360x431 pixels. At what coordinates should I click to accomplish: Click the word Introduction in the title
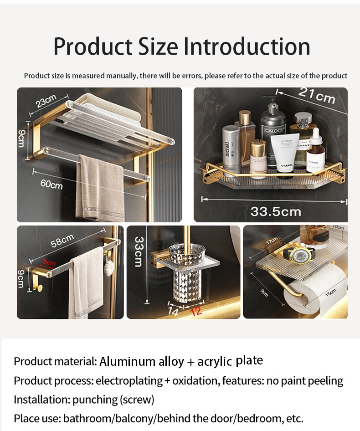[247, 46]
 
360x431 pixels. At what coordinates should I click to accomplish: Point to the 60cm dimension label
[51, 184]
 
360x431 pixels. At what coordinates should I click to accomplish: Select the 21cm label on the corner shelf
[317, 96]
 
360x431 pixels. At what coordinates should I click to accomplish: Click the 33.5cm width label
[276, 211]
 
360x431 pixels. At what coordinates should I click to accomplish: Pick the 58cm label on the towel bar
[62, 241]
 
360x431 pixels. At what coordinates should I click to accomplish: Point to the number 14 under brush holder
[173, 311]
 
